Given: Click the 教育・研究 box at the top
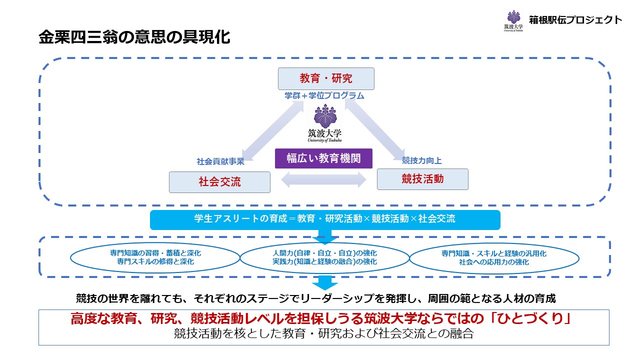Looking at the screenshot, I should point(326,78).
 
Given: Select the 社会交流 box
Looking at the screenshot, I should point(219,182).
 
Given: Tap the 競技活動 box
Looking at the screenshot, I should point(422,179).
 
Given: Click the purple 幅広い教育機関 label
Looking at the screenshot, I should point(324,158).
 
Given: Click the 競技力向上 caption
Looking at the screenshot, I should point(422,160).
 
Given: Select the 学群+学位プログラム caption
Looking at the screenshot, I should point(324,95).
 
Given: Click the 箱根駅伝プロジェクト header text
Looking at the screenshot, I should point(575,20).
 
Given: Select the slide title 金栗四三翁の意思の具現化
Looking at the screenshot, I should point(134,38).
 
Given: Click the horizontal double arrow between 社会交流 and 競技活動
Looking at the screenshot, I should point(323,179).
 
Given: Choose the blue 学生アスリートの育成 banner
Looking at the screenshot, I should point(325,219).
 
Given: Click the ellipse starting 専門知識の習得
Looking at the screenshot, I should point(155,257).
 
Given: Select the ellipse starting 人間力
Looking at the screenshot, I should point(324,257).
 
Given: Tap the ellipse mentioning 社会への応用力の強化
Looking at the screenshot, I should point(494,257).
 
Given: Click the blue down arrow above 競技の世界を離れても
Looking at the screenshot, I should point(325,282).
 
